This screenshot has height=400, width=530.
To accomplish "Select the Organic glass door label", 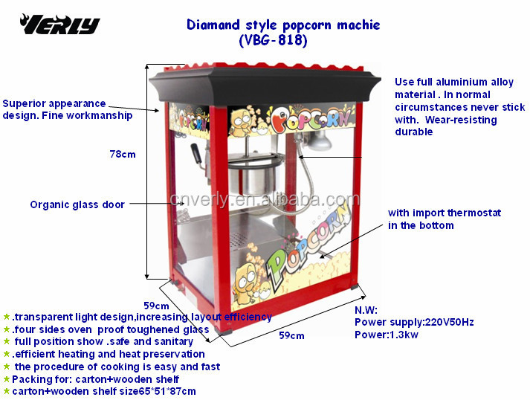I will (77, 204).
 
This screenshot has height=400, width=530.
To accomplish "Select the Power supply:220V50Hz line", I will (414, 322).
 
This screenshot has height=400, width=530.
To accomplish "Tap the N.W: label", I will (366, 310).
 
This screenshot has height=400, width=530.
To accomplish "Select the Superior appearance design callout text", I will (68, 109).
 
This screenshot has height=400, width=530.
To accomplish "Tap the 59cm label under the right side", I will (291, 336).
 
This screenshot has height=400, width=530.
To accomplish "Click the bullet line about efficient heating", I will (107, 354).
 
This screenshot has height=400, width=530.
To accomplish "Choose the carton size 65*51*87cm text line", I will (103, 391).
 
